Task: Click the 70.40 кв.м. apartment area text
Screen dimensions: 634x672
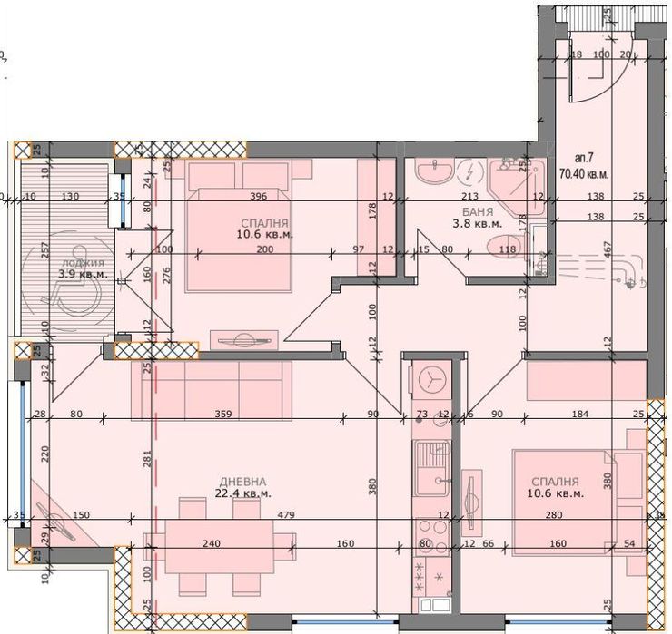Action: tap(584, 173)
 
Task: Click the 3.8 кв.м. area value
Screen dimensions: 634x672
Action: tap(477, 222)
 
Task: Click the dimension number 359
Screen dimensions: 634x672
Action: tap(222, 415)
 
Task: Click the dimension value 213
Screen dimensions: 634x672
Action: tap(469, 195)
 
